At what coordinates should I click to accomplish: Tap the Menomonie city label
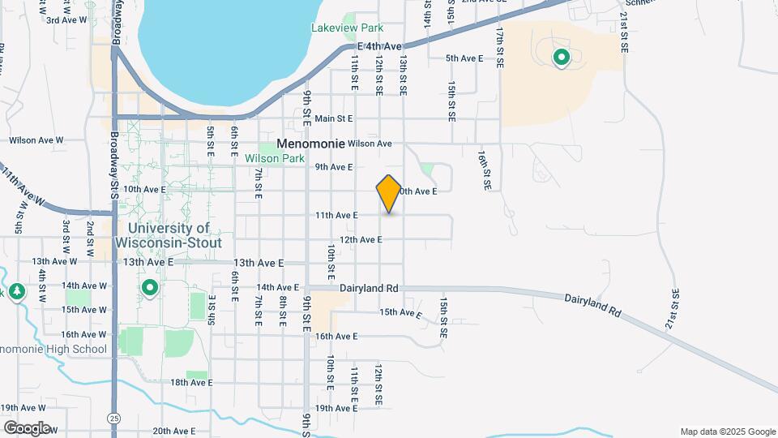[310, 143]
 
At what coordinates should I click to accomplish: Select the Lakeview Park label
[347, 28]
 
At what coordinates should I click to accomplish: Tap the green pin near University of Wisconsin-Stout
[150, 288]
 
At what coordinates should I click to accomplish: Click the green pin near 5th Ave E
[560, 58]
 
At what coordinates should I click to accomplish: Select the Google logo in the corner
[27, 427]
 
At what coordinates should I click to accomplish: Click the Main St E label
[335, 118]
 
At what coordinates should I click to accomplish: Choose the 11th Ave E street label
[336, 215]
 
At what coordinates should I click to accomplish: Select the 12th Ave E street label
[361, 239]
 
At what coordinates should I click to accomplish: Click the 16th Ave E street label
[336, 336]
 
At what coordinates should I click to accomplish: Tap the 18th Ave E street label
[190, 382]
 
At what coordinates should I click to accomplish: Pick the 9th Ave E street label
[334, 167]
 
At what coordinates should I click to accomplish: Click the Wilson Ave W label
[36, 140]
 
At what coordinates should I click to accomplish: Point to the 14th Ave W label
[84, 286]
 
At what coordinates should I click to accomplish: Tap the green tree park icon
[16, 290]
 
